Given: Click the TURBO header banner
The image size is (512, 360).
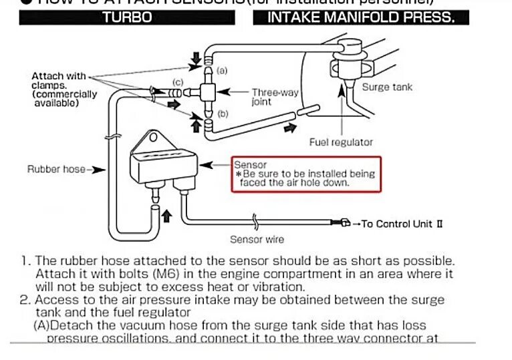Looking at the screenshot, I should pos(127,17).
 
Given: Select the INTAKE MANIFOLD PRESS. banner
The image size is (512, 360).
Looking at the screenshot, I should pos(360,17).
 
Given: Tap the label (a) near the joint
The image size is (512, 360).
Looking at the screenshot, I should pos(223,69).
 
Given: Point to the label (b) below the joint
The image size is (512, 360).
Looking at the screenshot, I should pos(223,114).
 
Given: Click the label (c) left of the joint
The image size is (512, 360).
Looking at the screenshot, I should pos(177,81).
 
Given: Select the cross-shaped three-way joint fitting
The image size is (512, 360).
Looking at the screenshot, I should pos(208,92).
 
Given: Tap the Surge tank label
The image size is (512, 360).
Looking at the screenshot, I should pos(387,87).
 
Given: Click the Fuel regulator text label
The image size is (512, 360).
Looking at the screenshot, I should pos(341,142).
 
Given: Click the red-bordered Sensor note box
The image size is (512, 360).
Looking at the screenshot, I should pos(305,174).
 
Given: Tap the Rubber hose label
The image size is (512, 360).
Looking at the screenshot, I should pos(57,169).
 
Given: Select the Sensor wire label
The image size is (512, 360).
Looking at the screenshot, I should pos(257,239).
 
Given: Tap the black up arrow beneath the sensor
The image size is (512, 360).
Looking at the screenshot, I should pos(167,216).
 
